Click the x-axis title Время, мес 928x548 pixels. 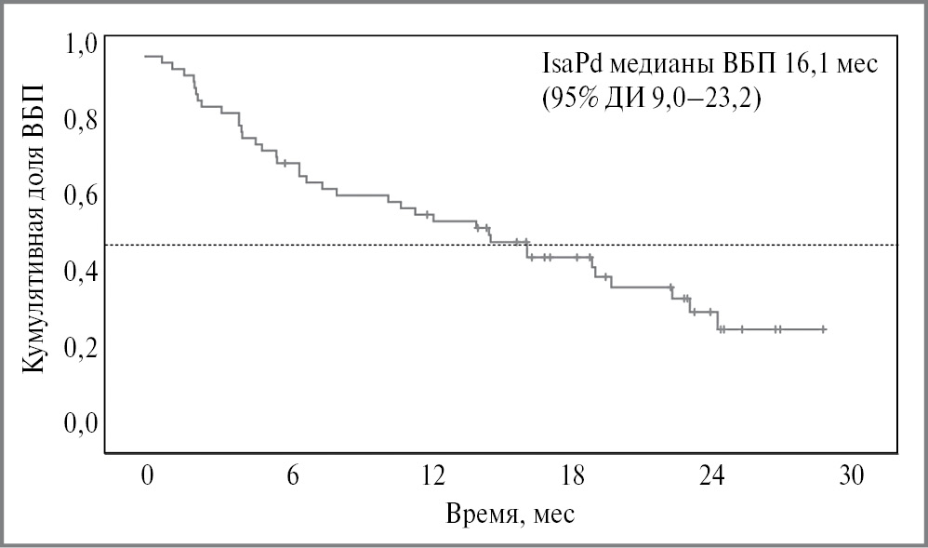[510, 515]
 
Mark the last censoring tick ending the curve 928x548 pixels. [824, 329]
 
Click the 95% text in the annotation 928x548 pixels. [573, 99]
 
